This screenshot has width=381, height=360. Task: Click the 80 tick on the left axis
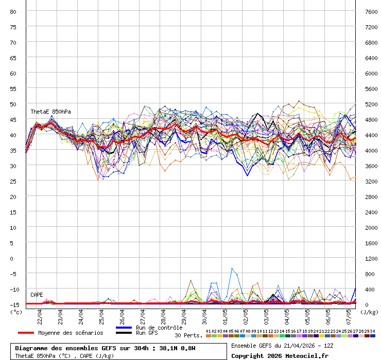tap(13, 11)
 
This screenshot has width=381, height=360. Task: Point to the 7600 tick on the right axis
tap(371, 11)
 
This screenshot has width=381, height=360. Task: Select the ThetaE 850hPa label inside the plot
tap(50, 112)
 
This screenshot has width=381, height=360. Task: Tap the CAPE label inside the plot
tap(37, 295)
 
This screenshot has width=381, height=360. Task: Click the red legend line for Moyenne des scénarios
tap(26, 333)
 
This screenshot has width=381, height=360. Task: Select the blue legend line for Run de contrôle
tap(124, 328)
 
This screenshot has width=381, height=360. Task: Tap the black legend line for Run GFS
tap(124, 333)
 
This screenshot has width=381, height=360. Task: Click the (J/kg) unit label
tap(369, 312)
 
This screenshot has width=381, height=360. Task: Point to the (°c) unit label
tap(16, 312)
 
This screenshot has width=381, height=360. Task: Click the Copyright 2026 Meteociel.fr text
tap(280, 356)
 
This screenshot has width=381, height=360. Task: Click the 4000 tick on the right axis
tap(371, 150)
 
